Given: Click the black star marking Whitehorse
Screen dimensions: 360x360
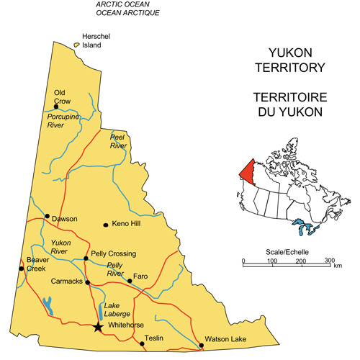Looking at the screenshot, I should [98, 327].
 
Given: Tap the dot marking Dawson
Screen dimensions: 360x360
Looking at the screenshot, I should [48, 216].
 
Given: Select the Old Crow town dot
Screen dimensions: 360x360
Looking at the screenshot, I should [66, 107].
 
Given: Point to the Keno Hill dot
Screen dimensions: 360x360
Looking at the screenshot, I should [106, 225].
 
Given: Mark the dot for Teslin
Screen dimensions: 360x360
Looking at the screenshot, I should [142, 343].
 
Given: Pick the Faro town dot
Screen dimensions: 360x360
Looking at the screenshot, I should [130, 281].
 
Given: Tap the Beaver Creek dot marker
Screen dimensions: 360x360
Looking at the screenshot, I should [22, 269].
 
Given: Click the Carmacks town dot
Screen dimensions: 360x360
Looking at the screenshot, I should [87, 282].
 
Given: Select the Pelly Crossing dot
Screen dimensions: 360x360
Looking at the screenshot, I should [86, 258].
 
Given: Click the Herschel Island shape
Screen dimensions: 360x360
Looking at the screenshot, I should [76, 45].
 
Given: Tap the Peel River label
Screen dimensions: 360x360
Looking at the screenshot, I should [118, 140].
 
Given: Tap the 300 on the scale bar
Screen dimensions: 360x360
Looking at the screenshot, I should [329, 260].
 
